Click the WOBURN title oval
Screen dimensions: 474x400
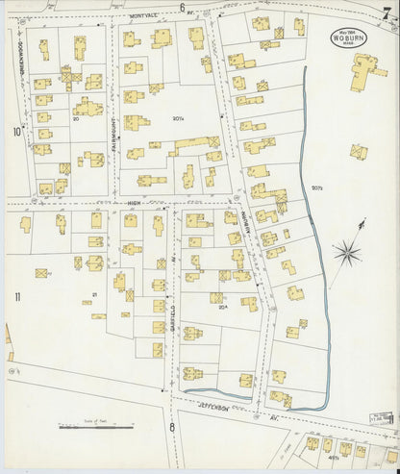click(x=343, y=37)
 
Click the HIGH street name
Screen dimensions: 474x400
click(x=132, y=203)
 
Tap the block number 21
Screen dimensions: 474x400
click(x=94, y=293)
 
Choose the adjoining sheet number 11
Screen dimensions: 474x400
click(x=16, y=297)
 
